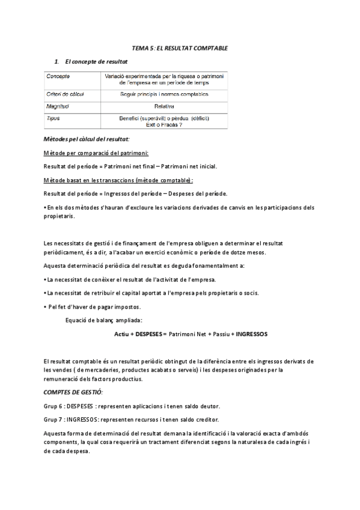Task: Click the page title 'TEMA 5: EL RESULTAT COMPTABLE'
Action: pos(180,48)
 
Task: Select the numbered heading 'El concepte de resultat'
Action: pos(95,61)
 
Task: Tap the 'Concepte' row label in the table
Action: pos(58,76)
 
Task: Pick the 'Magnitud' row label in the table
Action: pos(58,106)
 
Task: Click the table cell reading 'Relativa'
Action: pos(164,106)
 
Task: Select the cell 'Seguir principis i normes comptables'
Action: pos(164,94)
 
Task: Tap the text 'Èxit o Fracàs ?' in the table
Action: pos(164,124)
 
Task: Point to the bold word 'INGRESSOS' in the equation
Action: pos(251,333)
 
